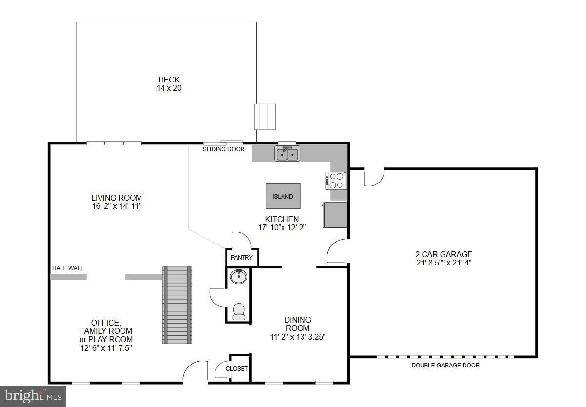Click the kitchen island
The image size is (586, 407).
pyautogui.click(x=283, y=196)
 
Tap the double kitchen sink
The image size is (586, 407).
pyautogui.click(x=287, y=155)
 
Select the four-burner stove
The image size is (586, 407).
pyautogui.click(x=336, y=181)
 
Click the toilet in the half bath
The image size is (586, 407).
pyautogui.click(x=239, y=311)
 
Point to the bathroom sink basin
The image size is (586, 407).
pyautogui.click(x=238, y=277)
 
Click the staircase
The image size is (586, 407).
pyautogui.click(x=178, y=305)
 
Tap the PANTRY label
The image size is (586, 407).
pyautogui.click(x=242, y=258)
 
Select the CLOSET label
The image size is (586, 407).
pyautogui.click(x=237, y=369)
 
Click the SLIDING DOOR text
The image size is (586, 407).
pyautogui.click(x=223, y=149)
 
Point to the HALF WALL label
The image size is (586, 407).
pyautogui.click(x=68, y=268)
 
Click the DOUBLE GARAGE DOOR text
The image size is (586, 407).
pyautogui.click(x=445, y=366)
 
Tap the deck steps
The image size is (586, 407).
pyautogui.click(x=265, y=117)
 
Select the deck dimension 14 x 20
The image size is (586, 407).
pyautogui.click(x=169, y=88)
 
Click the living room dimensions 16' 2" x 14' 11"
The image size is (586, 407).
pyautogui.click(x=117, y=206)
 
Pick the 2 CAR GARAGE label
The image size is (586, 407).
pyautogui.click(x=444, y=254)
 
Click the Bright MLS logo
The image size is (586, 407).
pyautogui.click(x=33, y=396)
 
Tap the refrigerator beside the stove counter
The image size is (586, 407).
pyautogui.click(x=335, y=215)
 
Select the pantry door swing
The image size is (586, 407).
pyautogui.click(x=241, y=240)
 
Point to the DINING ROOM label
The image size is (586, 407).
pyautogui.click(x=298, y=324)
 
